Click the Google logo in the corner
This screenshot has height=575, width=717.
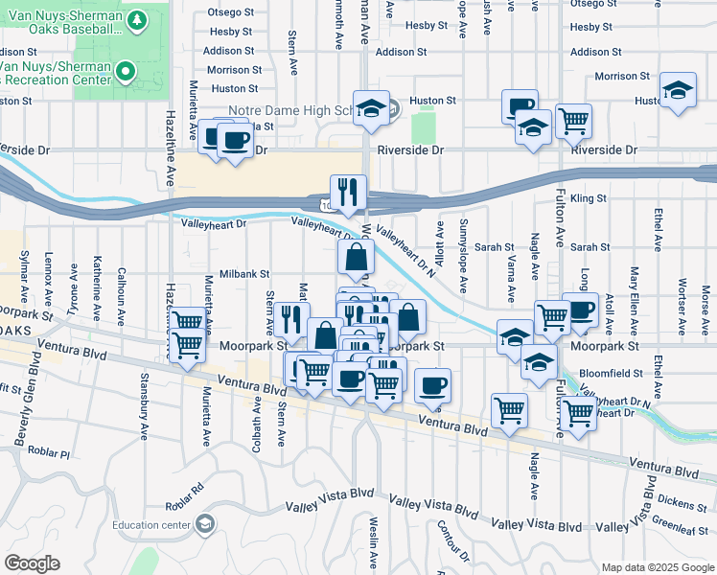[33, 563]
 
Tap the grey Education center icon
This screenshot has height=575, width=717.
[204, 523]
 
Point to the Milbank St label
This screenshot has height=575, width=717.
[245, 273]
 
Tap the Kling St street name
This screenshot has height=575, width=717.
[589, 198]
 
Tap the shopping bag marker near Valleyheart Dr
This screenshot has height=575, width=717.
[356, 257]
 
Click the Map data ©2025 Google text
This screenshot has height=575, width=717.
[657, 566]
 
